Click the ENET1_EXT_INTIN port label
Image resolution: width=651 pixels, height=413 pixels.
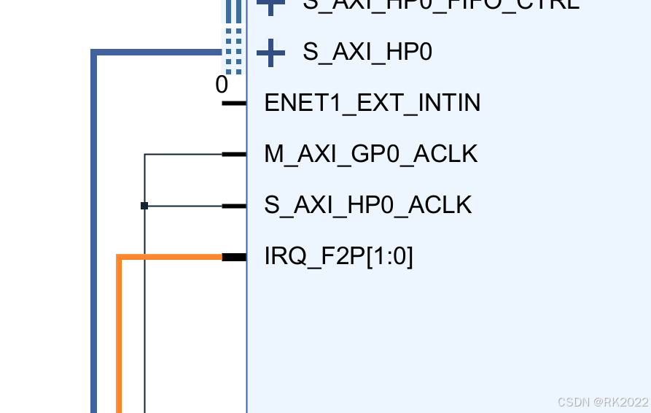click(372, 103)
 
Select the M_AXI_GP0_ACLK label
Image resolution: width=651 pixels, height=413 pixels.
click(370, 154)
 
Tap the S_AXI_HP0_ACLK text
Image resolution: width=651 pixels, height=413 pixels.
click(367, 205)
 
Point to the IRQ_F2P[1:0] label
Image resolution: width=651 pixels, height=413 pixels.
click(338, 257)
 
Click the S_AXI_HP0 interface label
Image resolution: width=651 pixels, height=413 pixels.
click(367, 52)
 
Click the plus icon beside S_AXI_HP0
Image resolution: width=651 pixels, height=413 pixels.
click(271, 52)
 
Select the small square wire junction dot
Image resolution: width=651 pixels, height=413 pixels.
click(144, 206)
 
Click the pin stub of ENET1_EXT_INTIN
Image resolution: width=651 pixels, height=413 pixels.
click(234, 103)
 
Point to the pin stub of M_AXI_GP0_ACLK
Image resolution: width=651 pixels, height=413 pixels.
click(234, 154)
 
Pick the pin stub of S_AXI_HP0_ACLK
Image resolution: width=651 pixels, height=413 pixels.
click(234, 206)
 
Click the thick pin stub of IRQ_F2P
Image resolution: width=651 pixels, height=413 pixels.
click(234, 257)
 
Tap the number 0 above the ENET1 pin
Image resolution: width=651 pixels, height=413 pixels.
click(222, 85)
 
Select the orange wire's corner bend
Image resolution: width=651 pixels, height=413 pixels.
click(120, 257)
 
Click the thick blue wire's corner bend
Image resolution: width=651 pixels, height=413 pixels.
click(94, 53)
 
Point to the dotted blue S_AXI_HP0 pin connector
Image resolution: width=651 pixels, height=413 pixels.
click(233, 51)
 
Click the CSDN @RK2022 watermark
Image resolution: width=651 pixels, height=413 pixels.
click(602, 402)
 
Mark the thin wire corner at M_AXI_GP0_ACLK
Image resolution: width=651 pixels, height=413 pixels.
click(145, 154)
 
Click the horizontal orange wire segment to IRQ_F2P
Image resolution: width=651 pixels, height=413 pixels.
click(171, 257)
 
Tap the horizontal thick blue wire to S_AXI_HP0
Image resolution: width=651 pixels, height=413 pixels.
click(157, 52)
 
